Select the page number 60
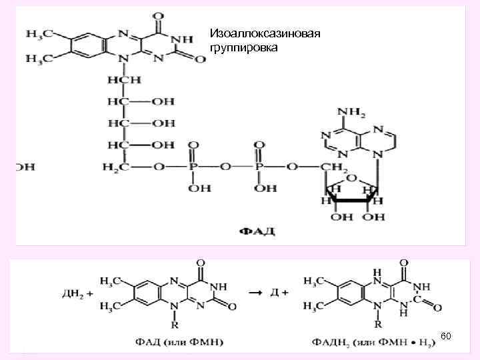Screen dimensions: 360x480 [x=446, y=338]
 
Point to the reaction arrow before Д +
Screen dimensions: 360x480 [x=254, y=292]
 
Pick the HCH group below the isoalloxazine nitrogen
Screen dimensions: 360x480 [x=121, y=80]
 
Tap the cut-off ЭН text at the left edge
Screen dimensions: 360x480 [x=25, y=167]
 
